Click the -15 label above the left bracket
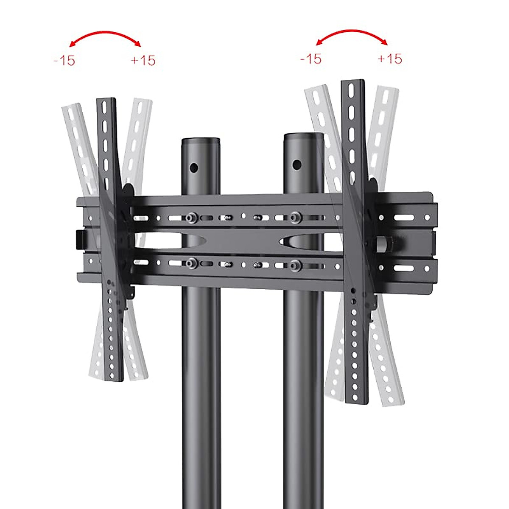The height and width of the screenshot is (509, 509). pyautogui.click(x=64, y=60)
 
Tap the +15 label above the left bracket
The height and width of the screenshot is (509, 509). pyautogui.click(x=143, y=60)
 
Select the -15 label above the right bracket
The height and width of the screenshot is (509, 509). pyautogui.click(x=311, y=59)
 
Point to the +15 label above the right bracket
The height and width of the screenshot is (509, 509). pyautogui.click(x=389, y=58)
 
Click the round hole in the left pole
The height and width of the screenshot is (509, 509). pyautogui.click(x=194, y=168)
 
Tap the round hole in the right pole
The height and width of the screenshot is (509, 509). pyautogui.click(x=297, y=164)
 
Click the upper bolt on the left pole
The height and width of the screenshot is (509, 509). pyautogui.click(x=190, y=218)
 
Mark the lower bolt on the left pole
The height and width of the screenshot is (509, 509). pyautogui.click(x=190, y=264)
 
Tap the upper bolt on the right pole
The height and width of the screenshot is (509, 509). pyautogui.click(x=296, y=217)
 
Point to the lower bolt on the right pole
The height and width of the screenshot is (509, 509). pyautogui.click(x=296, y=266)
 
